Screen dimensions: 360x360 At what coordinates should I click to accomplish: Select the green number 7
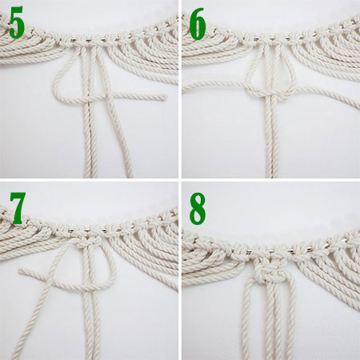pos(18,206)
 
